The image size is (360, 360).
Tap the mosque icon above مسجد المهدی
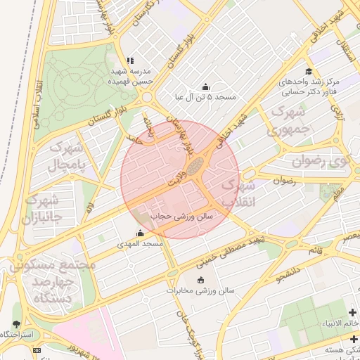139,233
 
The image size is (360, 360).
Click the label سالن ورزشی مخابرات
200,290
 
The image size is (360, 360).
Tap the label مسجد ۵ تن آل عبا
205,96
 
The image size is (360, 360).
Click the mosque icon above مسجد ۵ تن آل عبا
205,86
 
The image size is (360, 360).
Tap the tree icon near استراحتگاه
16,324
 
